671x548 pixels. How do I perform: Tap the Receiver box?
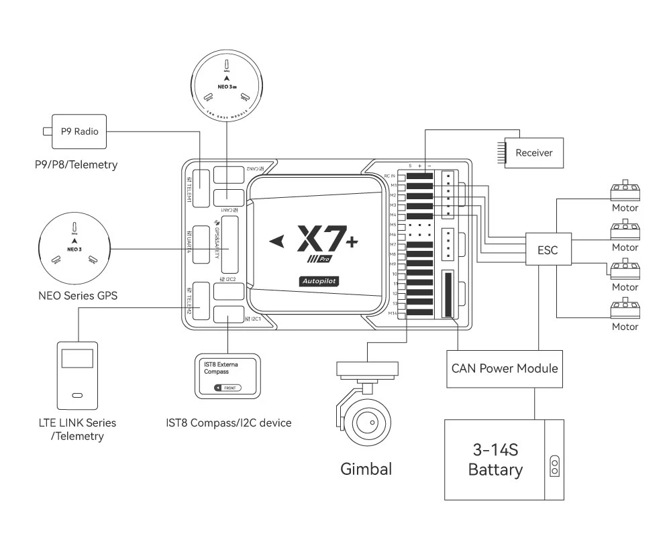pyautogui.click(x=533, y=153)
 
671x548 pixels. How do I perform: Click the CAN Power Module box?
pyautogui.click(x=504, y=368)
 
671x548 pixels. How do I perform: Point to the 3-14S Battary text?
pyautogui.click(x=495, y=459)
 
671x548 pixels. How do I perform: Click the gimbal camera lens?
pyautogui.click(x=366, y=423)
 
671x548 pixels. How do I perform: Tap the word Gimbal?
pyautogui.click(x=366, y=468)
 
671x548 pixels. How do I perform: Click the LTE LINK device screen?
pyautogui.click(x=77, y=358)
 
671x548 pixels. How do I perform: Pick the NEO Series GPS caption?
pyautogui.click(x=74, y=294)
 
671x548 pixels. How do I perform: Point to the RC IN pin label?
pyautogui.click(x=391, y=176)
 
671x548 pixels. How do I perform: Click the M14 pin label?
pyautogui.click(x=393, y=313)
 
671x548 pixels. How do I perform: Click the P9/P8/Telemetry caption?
pyautogui.click(x=75, y=164)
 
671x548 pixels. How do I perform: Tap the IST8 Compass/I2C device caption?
pyautogui.click(x=229, y=423)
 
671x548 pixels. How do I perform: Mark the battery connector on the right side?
pyautogui.click(x=554, y=466)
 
